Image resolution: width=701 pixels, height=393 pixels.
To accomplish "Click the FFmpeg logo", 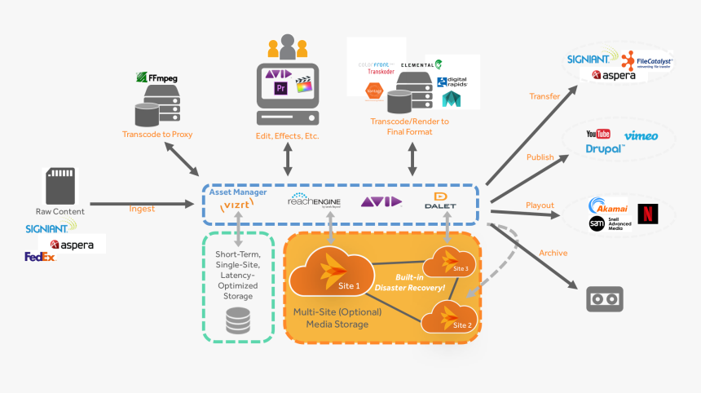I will click(x=158, y=78).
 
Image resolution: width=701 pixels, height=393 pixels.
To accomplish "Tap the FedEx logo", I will click(x=40, y=258).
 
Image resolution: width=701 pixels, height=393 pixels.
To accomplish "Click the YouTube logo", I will click(x=598, y=134).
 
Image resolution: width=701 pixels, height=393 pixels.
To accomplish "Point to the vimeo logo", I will click(x=641, y=135).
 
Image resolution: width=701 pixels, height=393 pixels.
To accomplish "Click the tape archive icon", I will click(x=605, y=299).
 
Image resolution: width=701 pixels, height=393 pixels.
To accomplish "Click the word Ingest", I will click(x=142, y=210).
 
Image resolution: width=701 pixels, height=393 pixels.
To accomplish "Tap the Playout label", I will click(x=540, y=205).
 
